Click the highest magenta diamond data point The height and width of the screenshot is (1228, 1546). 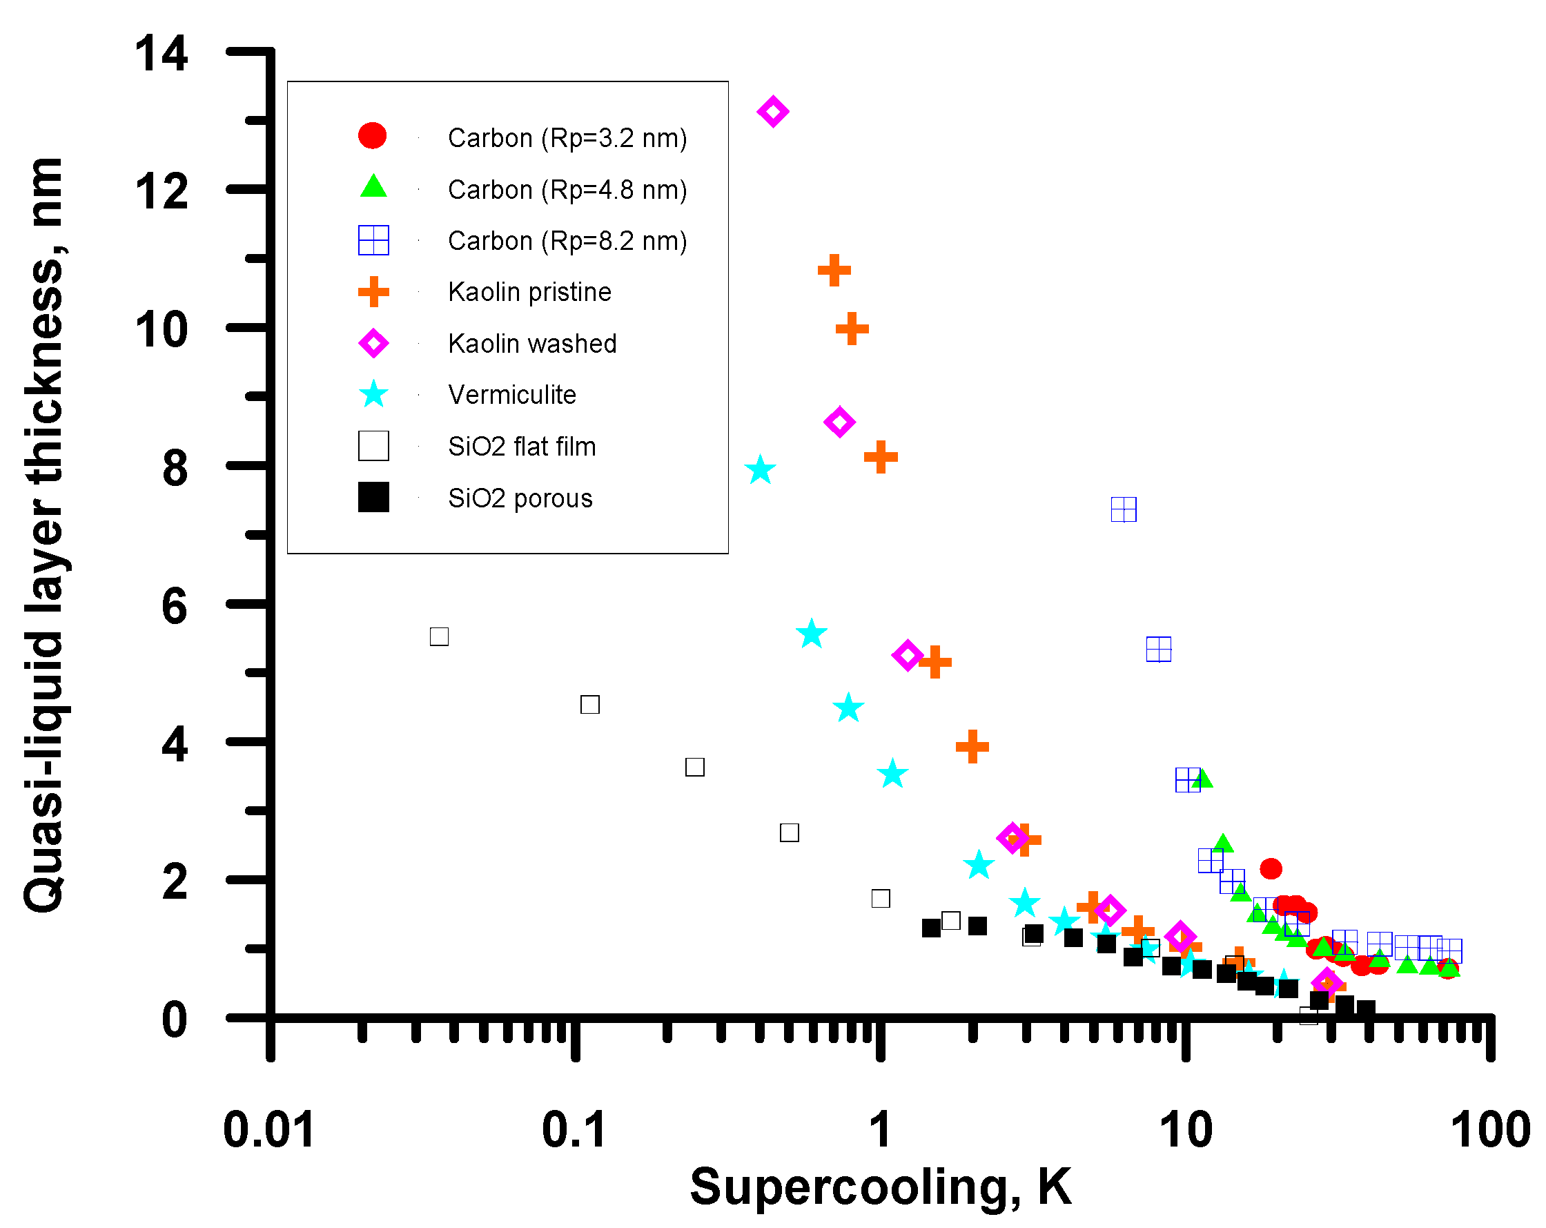point(772,111)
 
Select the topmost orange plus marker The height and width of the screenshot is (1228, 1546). point(833,271)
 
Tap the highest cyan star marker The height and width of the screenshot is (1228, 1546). point(760,471)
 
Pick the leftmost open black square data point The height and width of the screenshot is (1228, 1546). point(439,636)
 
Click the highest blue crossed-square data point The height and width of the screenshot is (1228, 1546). point(1123,509)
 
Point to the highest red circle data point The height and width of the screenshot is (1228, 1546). point(1271,868)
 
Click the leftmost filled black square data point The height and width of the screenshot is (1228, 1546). point(931,928)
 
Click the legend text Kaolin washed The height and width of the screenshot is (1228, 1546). point(532,344)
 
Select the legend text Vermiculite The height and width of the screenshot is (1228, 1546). point(512,395)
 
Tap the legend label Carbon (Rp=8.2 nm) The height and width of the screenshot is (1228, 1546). point(567,241)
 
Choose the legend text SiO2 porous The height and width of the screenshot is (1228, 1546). point(520,498)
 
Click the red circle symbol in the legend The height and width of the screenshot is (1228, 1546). point(372,135)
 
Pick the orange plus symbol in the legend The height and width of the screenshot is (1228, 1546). point(373,292)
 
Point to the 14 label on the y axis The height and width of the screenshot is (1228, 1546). point(162,54)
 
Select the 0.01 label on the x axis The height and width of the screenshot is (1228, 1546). point(269,1131)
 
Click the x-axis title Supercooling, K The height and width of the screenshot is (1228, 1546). point(881,1187)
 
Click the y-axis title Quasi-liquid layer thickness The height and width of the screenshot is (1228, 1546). point(44,534)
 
